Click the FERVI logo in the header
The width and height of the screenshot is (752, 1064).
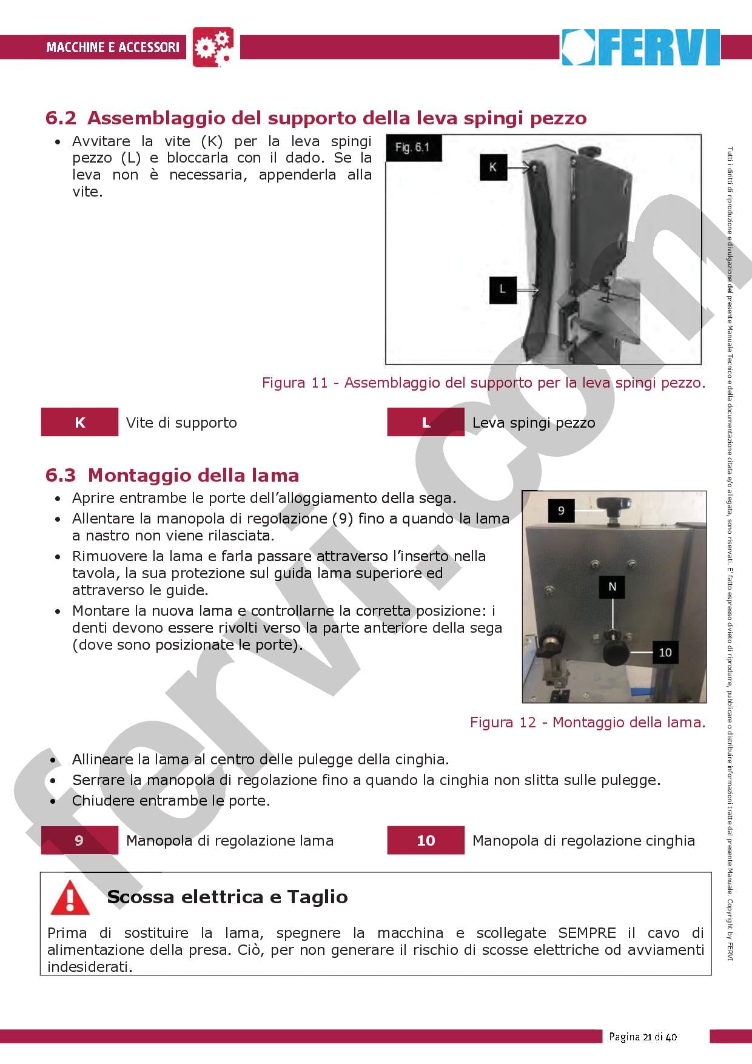pos(640,47)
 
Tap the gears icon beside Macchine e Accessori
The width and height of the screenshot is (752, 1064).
pos(213,47)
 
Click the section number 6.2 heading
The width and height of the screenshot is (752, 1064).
pos(61,118)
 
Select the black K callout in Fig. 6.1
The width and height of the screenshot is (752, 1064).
pos(492,167)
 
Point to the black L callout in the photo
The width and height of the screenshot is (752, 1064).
pos(502,289)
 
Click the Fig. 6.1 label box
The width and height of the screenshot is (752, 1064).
pos(412,147)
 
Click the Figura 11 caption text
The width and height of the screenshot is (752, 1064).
pos(483,383)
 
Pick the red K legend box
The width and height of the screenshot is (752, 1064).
pos(79,422)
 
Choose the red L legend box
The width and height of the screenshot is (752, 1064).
pos(426,422)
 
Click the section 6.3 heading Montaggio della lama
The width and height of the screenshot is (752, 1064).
pos(172,475)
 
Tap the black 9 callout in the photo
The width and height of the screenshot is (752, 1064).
pos(560,510)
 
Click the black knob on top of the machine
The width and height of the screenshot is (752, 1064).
pos(614,503)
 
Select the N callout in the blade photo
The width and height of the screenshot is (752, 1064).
pos(612,586)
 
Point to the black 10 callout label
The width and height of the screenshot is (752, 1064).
pos(665,652)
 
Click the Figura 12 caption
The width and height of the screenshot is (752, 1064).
pos(587,722)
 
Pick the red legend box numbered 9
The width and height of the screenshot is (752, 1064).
pos(79,840)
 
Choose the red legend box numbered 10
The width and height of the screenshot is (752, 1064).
pos(426,840)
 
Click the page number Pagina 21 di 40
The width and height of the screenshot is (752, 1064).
pos(643,1036)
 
